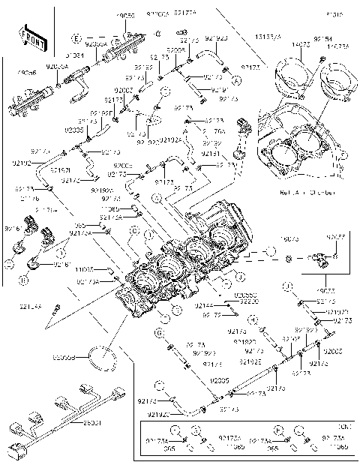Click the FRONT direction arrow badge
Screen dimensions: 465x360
pyautogui.click(x=30, y=37)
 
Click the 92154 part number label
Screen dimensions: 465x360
pyautogui.click(x=322, y=37)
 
